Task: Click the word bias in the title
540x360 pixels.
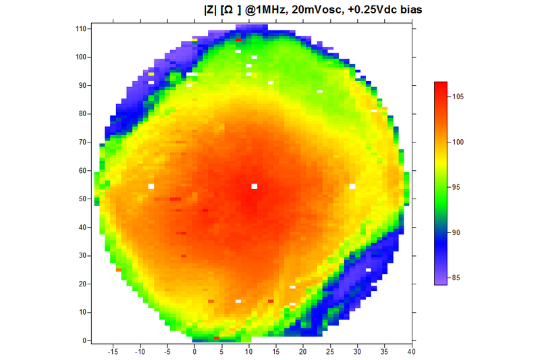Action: coord(416,9)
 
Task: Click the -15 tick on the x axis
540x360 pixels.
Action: coord(113,351)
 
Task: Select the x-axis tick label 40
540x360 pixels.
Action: coord(411,351)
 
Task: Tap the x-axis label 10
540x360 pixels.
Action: coord(249,351)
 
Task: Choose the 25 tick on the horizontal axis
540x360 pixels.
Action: coord(330,351)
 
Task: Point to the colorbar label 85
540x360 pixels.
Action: coord(458,277)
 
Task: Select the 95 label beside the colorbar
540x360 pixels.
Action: coord(458,187)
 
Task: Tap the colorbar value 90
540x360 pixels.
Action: coord(458,232)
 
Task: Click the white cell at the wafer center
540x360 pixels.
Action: coord(254,186)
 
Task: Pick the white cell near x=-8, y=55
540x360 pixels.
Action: coord(151,186)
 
